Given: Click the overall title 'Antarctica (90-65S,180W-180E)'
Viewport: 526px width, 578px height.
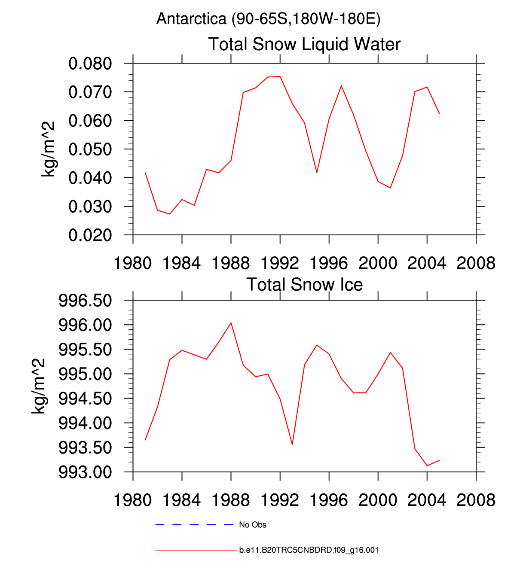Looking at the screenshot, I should click(x=268, y=19).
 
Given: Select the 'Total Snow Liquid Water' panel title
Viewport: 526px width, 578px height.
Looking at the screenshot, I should click(x=304, y=44).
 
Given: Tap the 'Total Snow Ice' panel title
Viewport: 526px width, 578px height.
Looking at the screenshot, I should click(x=304, y=285).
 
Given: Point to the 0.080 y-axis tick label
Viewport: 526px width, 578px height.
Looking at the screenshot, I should click(x=90, y=64).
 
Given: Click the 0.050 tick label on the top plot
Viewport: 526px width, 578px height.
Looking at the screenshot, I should click(x=90, y=149).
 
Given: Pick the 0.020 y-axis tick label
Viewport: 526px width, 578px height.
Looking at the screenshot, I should click(x=90, y=235).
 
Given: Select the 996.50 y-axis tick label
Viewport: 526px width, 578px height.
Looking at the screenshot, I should click(x=85, y=301).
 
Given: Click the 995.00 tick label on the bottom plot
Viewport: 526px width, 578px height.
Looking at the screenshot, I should click(x=85, y=374).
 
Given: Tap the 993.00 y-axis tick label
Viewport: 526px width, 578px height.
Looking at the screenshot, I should click(x=85, y=472).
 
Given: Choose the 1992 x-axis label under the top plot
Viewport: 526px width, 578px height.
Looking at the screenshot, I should click(x=280, y=263).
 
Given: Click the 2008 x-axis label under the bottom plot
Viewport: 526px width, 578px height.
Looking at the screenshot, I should click(x=476, y=500).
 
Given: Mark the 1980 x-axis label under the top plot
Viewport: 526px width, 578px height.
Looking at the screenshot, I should click(x=133, y=263).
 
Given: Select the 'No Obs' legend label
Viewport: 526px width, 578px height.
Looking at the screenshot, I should click(x=253, y=525).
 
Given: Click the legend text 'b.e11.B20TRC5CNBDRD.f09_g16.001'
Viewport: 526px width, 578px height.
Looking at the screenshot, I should click(x=309, y=550).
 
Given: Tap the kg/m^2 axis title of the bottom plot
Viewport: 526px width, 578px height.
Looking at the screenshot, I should click(x=38, y=386).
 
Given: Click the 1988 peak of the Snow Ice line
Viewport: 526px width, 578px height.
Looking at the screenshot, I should click(x=231, y=323).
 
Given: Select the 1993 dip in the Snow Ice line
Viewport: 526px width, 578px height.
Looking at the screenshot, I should click(x=292, y=444).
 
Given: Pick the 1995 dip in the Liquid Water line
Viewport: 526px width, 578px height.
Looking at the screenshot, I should click(x=317, y=172).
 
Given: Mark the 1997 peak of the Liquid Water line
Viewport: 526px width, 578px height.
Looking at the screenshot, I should click(x=341, y=86).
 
